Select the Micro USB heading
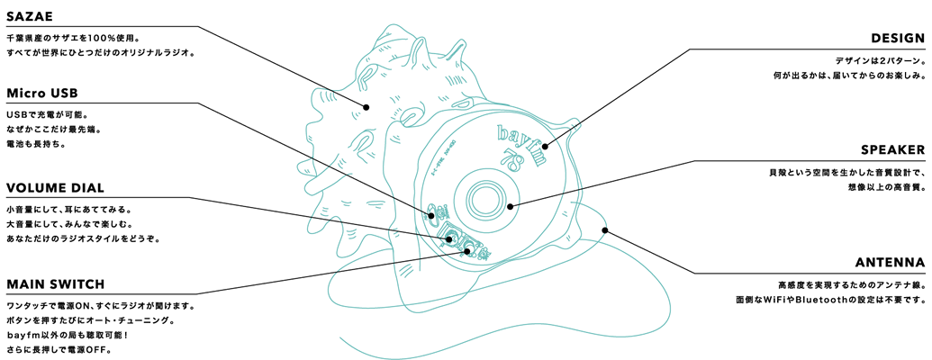42,94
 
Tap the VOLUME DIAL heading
55,188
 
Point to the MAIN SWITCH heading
55,284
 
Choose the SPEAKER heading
892,150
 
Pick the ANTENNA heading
891,263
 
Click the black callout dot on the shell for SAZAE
366,107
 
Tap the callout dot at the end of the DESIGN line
545,146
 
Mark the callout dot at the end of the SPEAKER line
510,207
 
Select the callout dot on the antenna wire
604,229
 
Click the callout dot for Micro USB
430,214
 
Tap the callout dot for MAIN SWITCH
467,251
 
